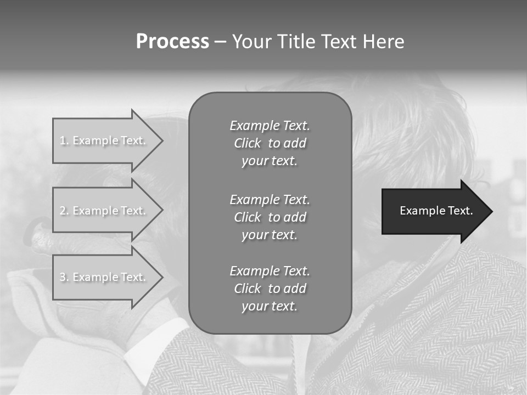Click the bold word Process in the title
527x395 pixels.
click(172, 42)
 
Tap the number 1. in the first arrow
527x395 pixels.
click(64, 141)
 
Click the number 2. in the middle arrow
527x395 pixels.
click(64, 211)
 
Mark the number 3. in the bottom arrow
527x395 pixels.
click(64, 278)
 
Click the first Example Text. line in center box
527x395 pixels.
click(270, 126)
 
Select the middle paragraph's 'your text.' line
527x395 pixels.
click(270, 235)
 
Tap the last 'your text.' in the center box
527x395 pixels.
click(270, 307)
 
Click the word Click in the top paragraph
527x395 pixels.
click(248, 144)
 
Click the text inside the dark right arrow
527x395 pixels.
click(436, 211)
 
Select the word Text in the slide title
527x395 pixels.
click(339, 42)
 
